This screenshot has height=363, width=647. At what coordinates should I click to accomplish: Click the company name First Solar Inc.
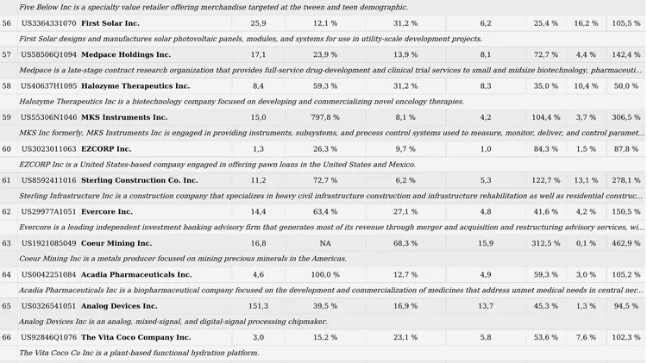tap(110, 23)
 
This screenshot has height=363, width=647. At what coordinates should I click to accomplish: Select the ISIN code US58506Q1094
tap(48, 54)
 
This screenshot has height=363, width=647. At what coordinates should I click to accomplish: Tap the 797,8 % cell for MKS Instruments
tap(325, 117)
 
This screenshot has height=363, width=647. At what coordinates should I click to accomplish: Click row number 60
tap(7, 149)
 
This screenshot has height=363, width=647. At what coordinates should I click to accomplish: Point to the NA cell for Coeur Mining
tap(325, 243)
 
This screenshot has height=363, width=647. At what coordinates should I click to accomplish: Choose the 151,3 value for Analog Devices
tap(258, 306)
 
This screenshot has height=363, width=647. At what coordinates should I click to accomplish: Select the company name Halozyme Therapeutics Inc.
tap(135, 86)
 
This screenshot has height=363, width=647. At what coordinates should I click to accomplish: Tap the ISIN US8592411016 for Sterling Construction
tap(48, 180)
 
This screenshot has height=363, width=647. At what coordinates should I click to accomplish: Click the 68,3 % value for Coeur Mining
tap(405, 243)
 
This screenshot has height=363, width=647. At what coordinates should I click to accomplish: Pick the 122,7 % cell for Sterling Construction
tap(545, 180)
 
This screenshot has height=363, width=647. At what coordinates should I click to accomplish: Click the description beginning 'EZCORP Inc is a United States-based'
tap(206, 164)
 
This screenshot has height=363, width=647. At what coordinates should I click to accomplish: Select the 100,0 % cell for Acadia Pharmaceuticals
tap(325, 274)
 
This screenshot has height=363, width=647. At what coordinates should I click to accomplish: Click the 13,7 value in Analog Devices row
tap(486, 306)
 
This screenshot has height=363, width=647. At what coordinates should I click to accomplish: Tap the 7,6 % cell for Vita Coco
tap(587, 337)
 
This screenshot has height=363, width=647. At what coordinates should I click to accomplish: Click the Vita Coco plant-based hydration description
tap(138, 353)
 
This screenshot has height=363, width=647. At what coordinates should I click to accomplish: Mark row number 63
tap(7, 243)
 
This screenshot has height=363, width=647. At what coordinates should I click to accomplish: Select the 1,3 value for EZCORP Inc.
tap(258, 149)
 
